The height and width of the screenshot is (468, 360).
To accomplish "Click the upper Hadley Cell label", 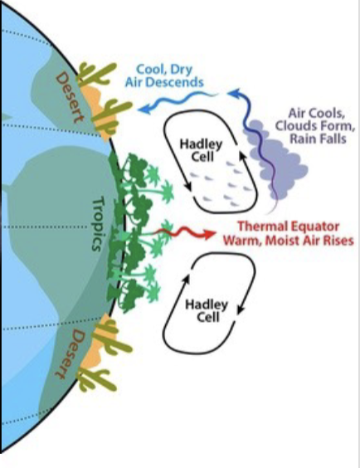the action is point(202,150).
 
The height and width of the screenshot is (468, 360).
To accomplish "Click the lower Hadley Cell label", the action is point(207,310).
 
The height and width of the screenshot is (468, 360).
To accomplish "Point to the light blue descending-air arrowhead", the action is point(144,110).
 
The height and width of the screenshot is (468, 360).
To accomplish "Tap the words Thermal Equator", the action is point(289,227).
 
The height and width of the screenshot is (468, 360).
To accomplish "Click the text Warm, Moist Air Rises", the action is point(289,241).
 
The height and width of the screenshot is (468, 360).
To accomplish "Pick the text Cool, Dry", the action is point(164,69).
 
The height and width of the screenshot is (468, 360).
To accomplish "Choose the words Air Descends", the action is point(164,82).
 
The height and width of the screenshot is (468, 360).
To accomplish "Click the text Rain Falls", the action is point(319,139).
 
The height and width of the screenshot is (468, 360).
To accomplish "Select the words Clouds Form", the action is point(315,126).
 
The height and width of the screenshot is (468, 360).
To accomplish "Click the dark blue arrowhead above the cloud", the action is point(234,93).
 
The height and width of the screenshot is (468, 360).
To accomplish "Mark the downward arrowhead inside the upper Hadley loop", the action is point(188,186).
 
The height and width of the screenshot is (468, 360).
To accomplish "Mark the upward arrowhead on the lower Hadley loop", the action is point(186,279).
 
